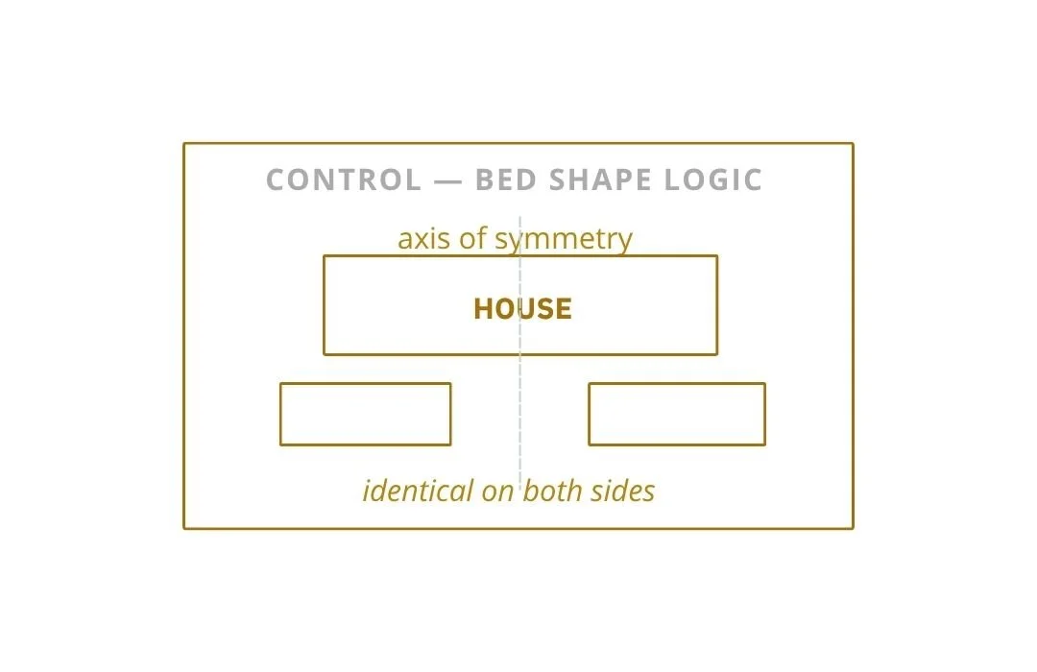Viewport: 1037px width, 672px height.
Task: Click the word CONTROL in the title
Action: (x=343, y=180)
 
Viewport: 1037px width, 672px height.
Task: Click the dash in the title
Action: (x=447, y=180)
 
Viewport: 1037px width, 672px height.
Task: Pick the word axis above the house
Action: (x=424, y=238)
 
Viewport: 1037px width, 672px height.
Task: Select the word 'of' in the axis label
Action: (x=473, y=238)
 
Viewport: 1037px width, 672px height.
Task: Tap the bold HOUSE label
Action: (x=522, y=308)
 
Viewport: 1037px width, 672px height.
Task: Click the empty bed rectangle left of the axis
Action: (x=365, y=414)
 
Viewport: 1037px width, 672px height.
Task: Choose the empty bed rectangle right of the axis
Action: (x=676, y=414)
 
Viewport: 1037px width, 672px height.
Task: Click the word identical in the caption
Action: (x=418, y=492)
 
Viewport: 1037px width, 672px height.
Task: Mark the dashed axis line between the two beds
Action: (x=519, y=414)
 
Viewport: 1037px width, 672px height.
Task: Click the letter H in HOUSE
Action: (x=483, y=308)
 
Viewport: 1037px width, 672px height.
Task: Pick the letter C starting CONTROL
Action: (x=276, y=180)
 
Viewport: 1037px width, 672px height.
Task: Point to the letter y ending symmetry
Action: (x=625, y=241)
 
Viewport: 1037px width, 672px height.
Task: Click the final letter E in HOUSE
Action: (x=564, y=308)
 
